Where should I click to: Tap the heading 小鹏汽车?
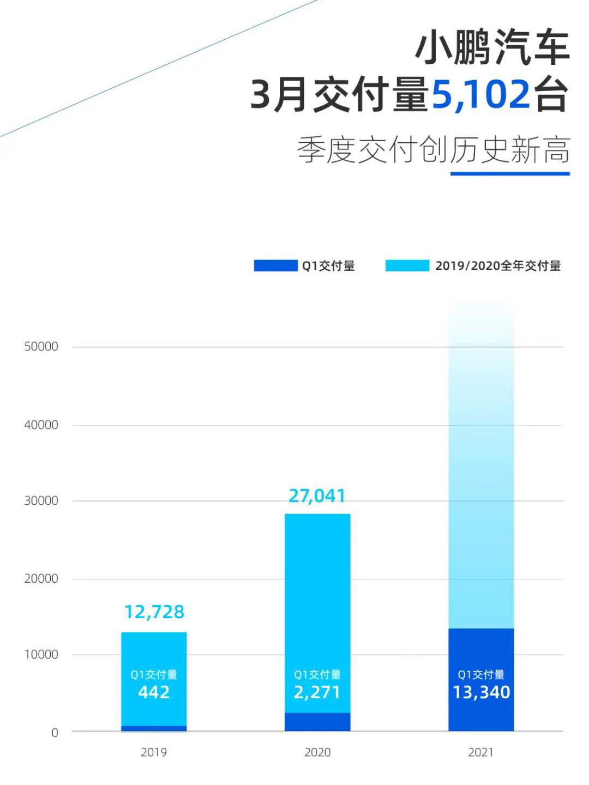pyautogui.click(x=492, y=48)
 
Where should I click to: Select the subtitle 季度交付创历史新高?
pyautogui.click(x=434, y=150)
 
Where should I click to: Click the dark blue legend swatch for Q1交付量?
pyautogui.click(x=275, y=265)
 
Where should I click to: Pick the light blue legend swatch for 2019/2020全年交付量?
pyautogui.click(x=407, y=265)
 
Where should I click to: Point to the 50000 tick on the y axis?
pyautogui.click(x=41, y=347)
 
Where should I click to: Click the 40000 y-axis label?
pyautogui.click(x=41, y=425)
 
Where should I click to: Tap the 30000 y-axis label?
pyautogui.click(x=41, y=501)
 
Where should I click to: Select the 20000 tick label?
pyautogui.click(x=41, y=579)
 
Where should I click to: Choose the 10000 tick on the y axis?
pyautogui.click(x=41, y=655)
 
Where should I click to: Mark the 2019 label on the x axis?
pyautogui.click(x=154, y=752)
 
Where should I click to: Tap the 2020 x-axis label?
pyautogui.click(x=317, y=752)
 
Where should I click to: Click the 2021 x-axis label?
pyautogui.click(x=480, y=752)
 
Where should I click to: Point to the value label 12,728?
pyautogui.click(x=154, y=612)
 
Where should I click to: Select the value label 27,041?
pyautogui.click(x=317, y=496)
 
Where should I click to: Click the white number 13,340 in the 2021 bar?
pyautogui.click(x=482, y=692)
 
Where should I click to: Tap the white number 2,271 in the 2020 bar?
pyautogui.click(x=317, y=692)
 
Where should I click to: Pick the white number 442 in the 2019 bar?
pyautogui.click(x=154, y=692)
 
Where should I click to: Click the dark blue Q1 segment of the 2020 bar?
pyautogui.click(x=317, y=722)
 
